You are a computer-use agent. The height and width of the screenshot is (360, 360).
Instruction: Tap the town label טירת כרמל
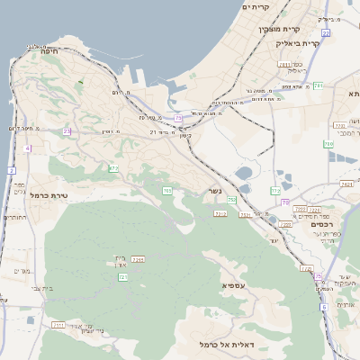(x=50, y=194)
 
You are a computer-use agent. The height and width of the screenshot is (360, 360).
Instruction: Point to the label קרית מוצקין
(x=277, y=30)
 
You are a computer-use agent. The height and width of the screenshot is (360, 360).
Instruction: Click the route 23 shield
(x=67, y=131)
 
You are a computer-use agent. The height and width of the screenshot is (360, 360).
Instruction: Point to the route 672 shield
(x=113, y=168)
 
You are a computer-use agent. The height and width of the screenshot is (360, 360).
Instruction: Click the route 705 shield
(x=167, y=191)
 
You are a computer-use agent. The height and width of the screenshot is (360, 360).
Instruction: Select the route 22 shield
(x=326, y=32)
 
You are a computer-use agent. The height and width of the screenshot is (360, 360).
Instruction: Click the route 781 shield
(x=318, y=86)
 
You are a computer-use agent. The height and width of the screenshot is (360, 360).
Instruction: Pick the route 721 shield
(x=122, y=277)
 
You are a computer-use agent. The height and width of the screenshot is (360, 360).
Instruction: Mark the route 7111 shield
(x=58, y=324)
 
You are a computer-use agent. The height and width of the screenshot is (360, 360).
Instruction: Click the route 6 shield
(x=323, y=307)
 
